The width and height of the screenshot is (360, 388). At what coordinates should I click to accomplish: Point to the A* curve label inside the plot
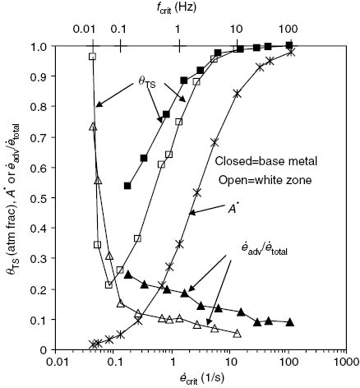[234, 210]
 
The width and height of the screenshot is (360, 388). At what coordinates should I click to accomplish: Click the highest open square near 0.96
[93, 56]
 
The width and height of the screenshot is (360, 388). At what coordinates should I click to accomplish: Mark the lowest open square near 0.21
[108, 284]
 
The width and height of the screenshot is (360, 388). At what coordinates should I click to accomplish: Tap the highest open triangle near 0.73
[93, 127]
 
